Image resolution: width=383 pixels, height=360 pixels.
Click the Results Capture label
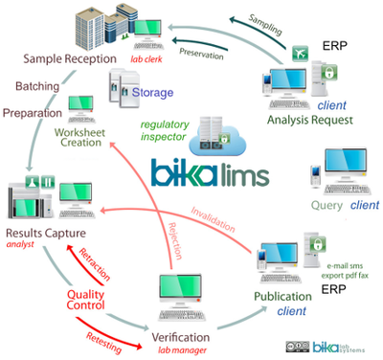47,234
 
